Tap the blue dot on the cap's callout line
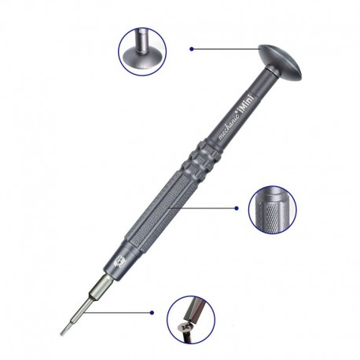point(192,49)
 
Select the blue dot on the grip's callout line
point(237,208)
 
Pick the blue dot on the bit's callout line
point(152,313)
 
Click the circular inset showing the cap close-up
point(142,52)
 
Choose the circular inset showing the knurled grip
point(272,210)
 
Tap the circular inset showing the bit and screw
point(191,319)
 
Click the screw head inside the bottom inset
point(186,327)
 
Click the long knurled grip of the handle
point(160,211)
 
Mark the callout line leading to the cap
point(226,49)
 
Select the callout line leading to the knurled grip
point(203,208)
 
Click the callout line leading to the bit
point(117,313)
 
